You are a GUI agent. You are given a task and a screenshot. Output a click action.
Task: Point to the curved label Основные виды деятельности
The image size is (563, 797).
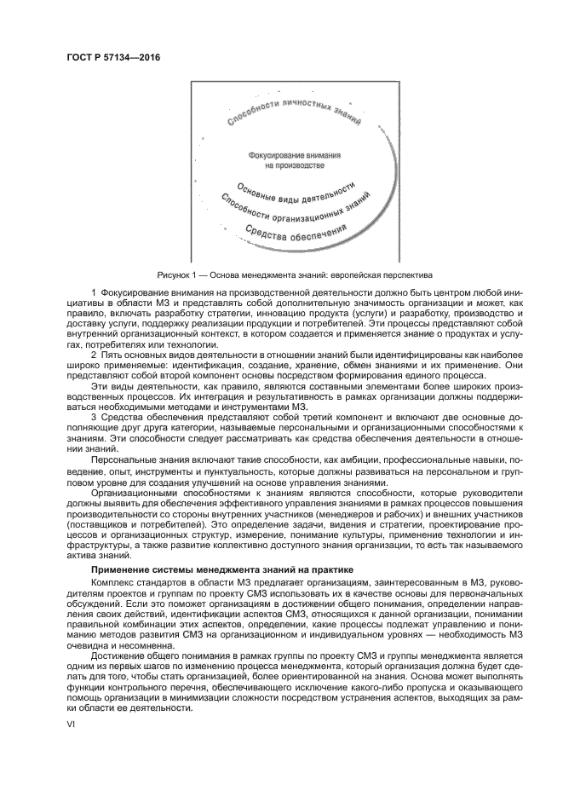coord(296,194)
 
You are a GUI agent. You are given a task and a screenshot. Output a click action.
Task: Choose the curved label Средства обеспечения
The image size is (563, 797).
coord(296,232)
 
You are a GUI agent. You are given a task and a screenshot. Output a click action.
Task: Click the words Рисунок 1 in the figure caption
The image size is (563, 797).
coord(179,275)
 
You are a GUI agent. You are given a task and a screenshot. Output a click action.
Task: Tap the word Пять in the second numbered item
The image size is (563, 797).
coord(112,354)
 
